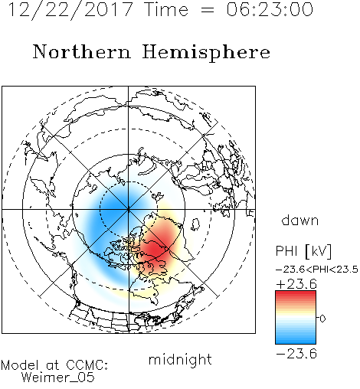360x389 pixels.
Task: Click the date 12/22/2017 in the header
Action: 70,10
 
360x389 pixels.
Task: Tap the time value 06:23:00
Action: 270,9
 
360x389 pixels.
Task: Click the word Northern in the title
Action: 82,51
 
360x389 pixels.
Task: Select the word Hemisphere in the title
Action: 206,53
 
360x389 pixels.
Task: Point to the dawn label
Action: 300,220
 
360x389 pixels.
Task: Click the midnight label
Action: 180,360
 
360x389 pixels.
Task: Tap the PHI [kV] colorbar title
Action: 303,251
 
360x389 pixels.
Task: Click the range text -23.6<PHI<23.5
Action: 317,270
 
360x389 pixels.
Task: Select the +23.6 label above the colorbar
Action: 296,284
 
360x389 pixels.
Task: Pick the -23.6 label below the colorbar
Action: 296,354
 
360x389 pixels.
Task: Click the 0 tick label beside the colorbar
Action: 322,319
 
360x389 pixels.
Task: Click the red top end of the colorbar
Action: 296,293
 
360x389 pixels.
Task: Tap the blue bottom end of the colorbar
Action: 296,342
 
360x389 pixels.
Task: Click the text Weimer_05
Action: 57,378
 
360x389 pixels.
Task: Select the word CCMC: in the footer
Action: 87,365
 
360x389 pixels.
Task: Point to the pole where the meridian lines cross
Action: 128,209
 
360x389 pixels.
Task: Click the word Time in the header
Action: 166,9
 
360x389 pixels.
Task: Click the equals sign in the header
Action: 208,10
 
